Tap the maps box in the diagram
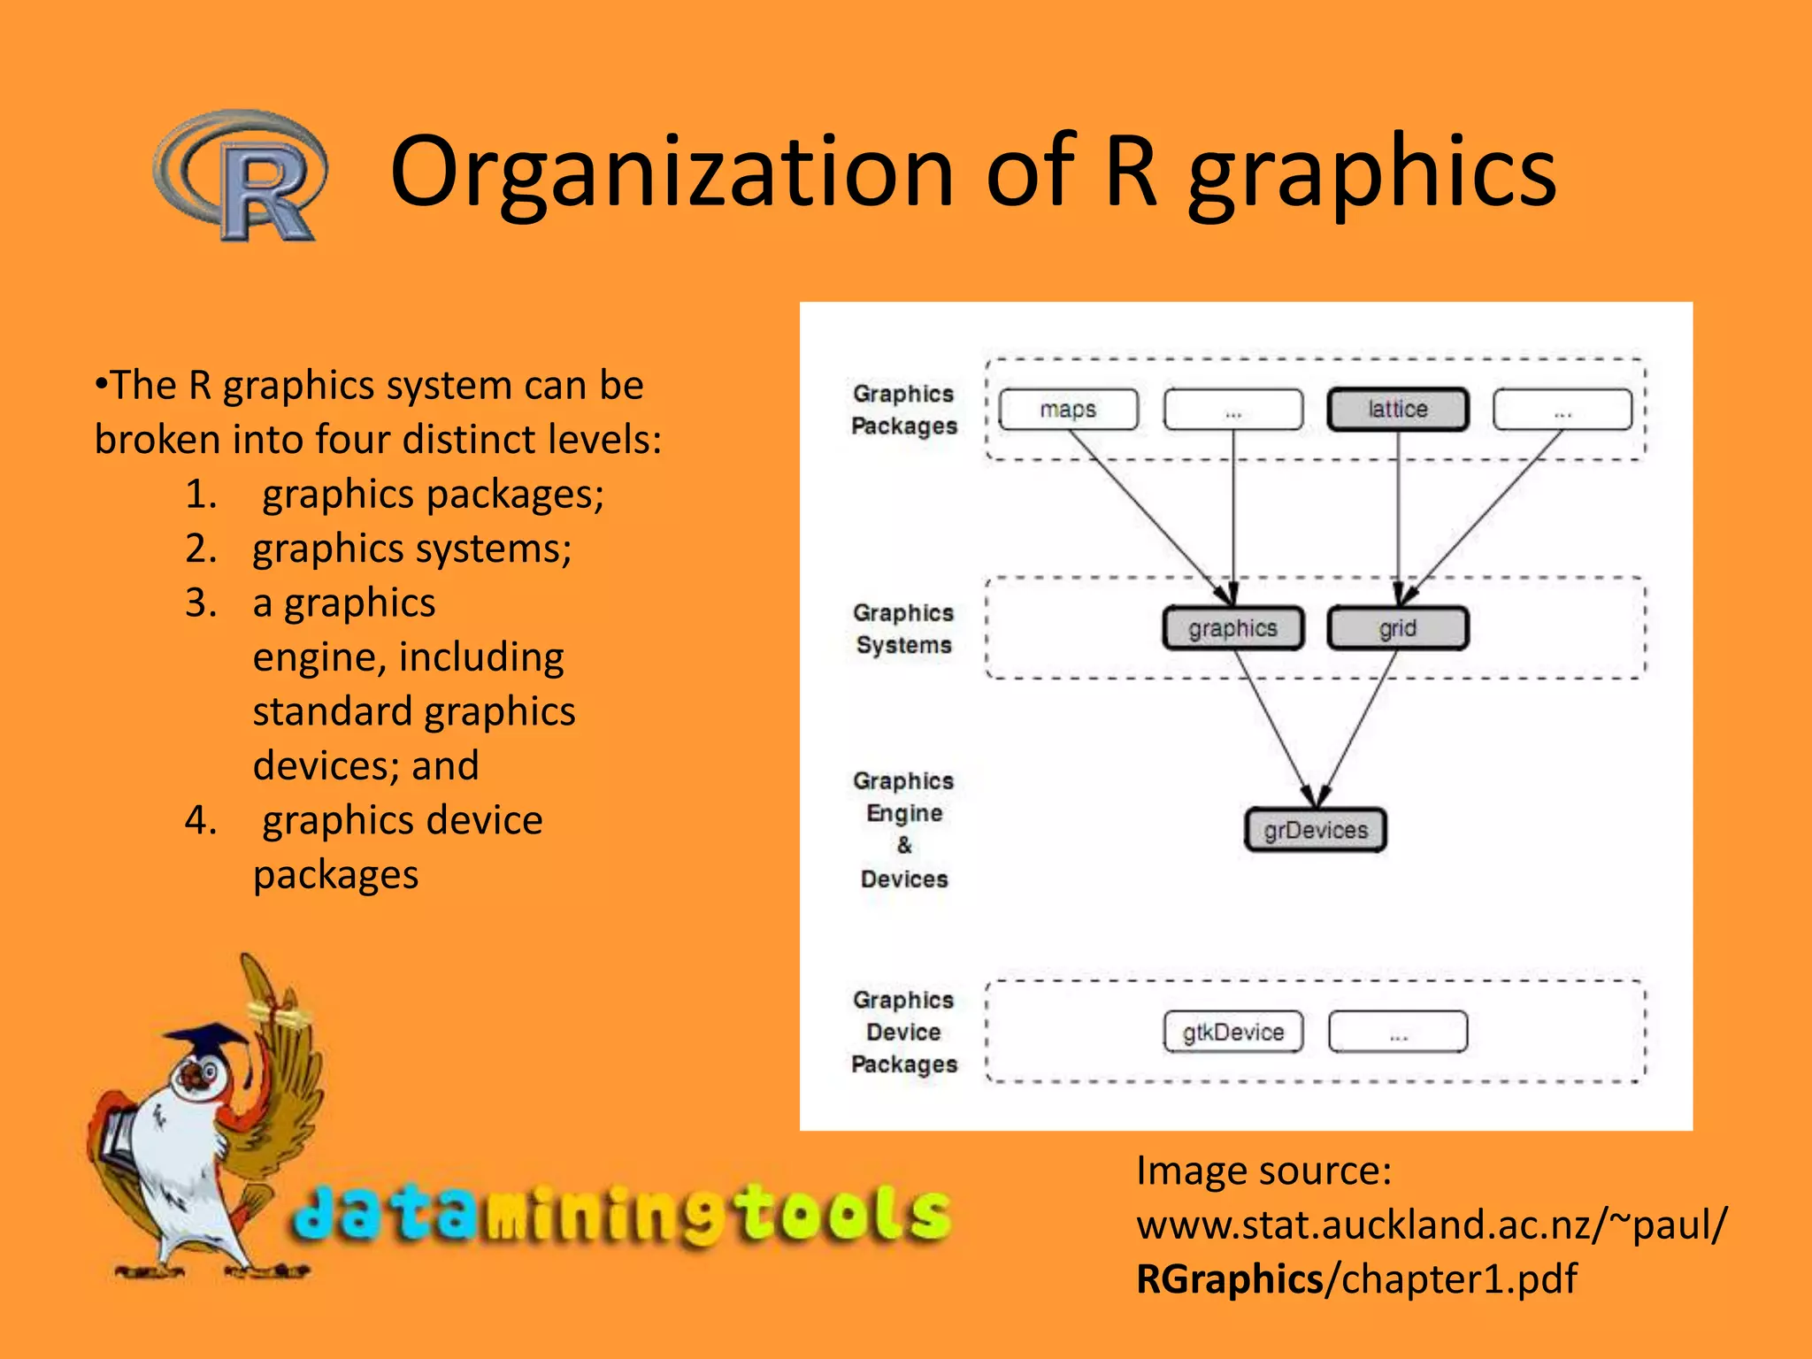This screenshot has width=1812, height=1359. [x=1068, y=410]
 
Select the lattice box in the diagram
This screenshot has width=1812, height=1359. [x=1398, y=410]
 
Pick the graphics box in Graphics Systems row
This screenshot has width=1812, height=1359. [x=1232, y=628]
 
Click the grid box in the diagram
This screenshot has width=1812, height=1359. [x=1398, y=628]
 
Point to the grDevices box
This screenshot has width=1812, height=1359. [x=1315, y=830]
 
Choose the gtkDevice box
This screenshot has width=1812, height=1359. [x=1232, y=1032]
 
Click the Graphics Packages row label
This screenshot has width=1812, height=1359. [x=903, y=410]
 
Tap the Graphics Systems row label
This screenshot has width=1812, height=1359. [x=903, y=628]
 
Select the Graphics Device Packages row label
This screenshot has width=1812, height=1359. [x=903, y=1032]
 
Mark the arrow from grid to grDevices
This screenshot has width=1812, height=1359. [x=1358, y=726]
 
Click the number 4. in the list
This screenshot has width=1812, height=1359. [x=201, y=820]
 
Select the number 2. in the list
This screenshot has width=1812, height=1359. [x=201, y=549]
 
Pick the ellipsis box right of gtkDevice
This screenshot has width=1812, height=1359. [x=1398, y=1032]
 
